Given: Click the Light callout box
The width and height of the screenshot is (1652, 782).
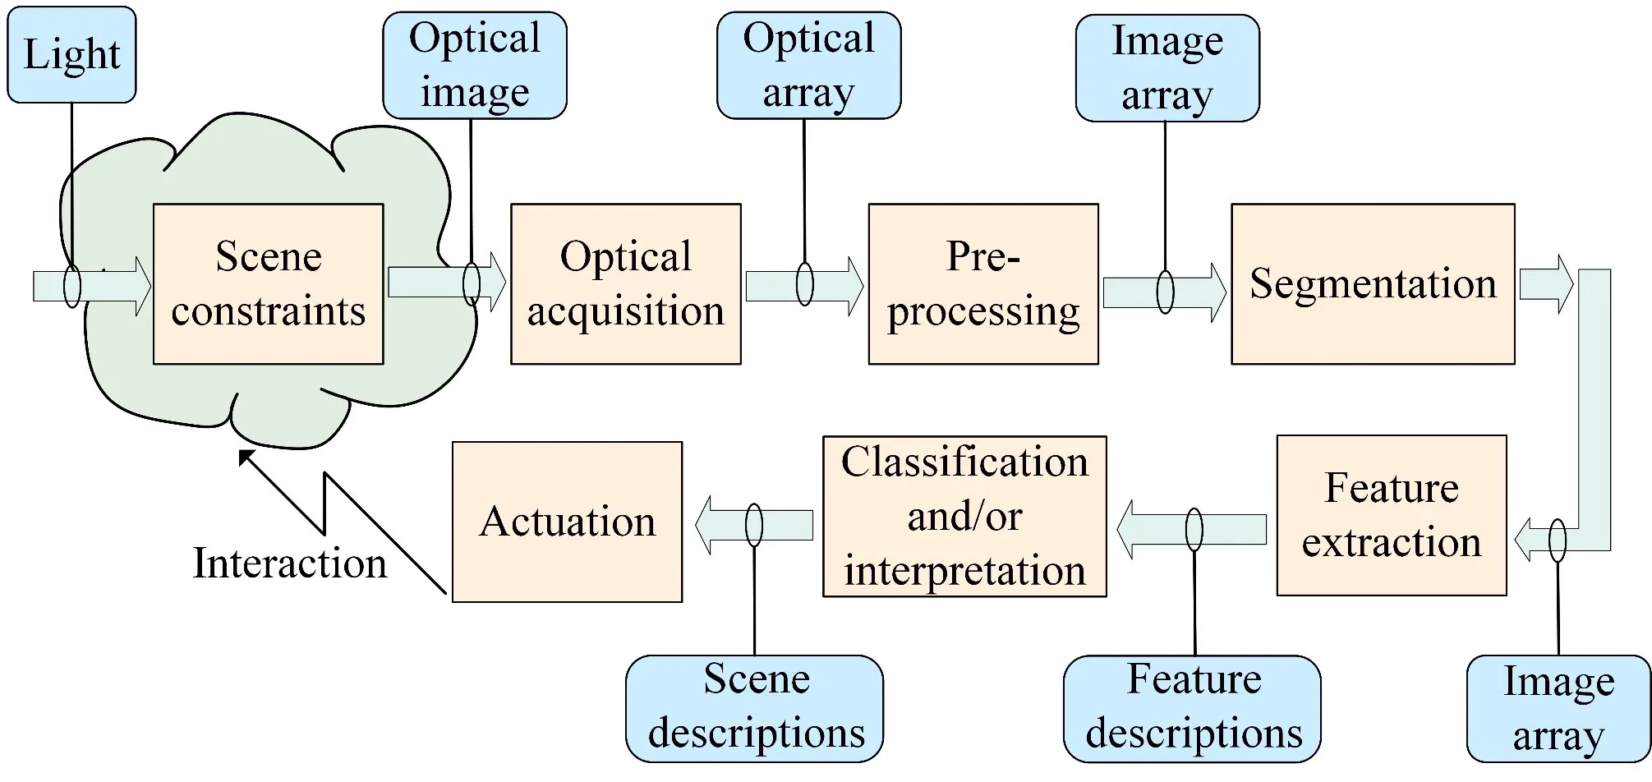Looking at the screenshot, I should pos(71,55).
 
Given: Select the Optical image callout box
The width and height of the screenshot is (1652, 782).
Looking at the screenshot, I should pos(475,66).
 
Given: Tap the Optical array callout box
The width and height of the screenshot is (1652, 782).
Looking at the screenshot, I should pos(808,66).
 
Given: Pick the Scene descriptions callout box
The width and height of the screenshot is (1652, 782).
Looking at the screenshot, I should pos(754,708).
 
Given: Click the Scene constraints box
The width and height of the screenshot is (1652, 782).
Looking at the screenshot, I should pos(269,284).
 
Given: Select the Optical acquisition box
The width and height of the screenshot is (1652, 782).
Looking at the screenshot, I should pos(625,284).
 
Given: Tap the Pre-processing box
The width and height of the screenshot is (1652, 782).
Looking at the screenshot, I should pos(983,284).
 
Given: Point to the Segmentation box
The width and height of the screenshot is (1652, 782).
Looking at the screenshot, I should pos(1373,284).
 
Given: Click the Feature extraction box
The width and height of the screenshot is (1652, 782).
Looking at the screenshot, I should pos(1392,515).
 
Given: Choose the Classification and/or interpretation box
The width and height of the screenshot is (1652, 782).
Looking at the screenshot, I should pos(964,516).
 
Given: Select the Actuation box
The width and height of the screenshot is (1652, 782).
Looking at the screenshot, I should pos(567,522).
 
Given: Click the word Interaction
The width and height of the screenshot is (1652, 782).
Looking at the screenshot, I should pos(289,563).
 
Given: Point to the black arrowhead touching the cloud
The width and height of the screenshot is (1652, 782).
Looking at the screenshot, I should pos(246,458).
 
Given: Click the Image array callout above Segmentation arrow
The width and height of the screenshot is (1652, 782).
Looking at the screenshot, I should pos(1167,68).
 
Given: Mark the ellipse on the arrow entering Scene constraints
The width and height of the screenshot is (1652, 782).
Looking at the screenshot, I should pos(72,286).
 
